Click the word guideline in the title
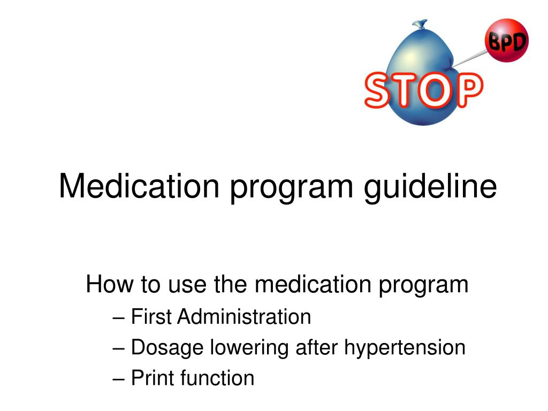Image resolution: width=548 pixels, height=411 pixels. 431,187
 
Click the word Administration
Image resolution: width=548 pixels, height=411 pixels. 244,317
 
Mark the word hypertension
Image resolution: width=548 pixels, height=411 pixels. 404,348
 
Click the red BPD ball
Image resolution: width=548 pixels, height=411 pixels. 506,40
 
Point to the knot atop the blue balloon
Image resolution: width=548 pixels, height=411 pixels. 420,25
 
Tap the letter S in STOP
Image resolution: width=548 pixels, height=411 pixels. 379,92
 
